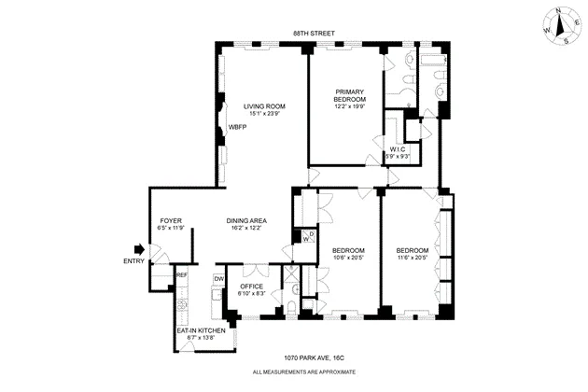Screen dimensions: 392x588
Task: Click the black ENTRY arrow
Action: (140, 249)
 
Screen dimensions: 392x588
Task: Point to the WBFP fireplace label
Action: (239, 127)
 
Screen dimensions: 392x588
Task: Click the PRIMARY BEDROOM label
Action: (350, 95)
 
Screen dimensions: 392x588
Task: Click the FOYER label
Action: (170, 220)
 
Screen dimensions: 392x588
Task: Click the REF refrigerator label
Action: (182, 275)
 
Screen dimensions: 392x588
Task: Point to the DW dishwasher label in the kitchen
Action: (218, 278)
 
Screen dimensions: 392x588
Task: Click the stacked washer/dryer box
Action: (304, 237)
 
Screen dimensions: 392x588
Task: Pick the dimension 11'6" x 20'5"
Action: (412, 259)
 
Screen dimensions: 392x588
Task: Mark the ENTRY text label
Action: (134, 260)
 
